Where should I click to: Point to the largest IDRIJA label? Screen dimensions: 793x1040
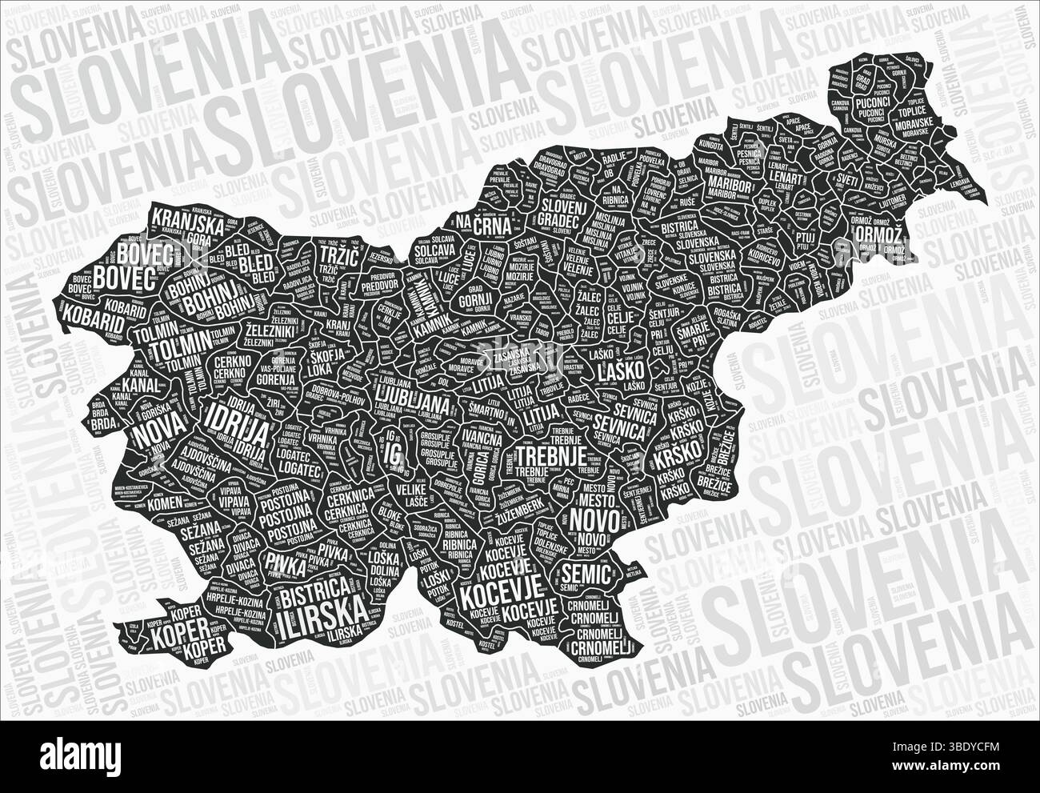click(237, 419)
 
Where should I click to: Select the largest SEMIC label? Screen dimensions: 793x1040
click(586, 571)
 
